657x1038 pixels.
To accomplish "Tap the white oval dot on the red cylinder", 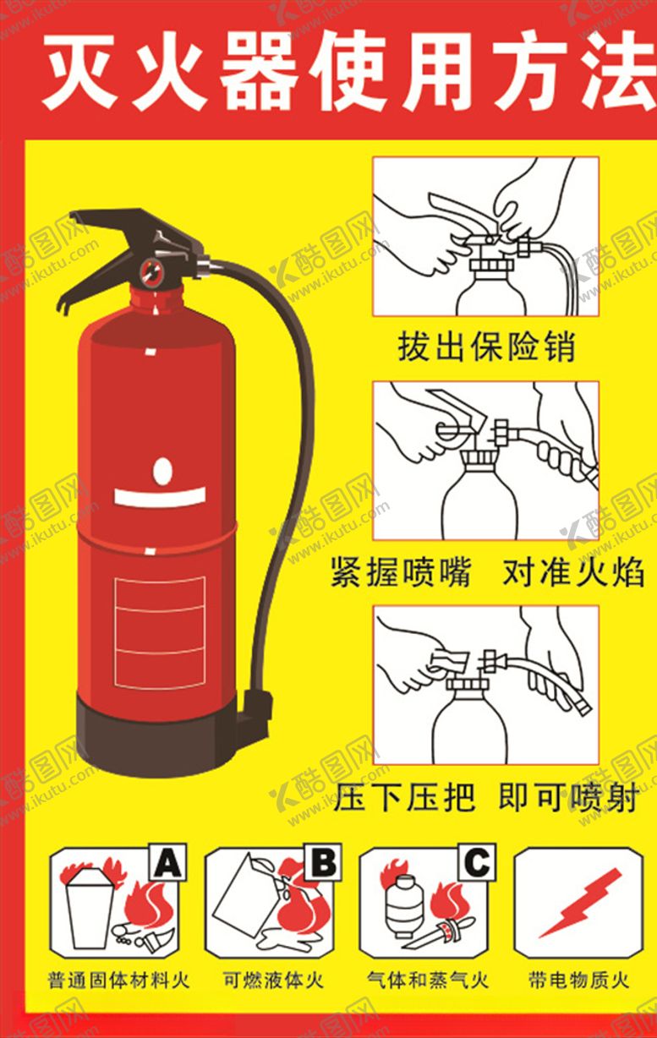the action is coord(162,472).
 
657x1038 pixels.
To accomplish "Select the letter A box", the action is coord(167,862).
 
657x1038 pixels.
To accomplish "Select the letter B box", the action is coord(323,862).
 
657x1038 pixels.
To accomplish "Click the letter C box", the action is coord(477,862).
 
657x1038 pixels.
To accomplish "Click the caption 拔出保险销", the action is coord(486,347).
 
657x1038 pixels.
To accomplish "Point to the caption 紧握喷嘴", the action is coord(401,573).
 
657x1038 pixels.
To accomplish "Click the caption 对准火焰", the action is coord(573,573).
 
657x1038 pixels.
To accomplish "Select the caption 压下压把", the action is coord(404,796).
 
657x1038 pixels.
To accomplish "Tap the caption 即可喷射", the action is coord(569,796).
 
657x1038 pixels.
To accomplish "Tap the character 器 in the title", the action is coord(257,72).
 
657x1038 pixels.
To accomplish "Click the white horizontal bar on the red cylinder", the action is coord(160,497).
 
